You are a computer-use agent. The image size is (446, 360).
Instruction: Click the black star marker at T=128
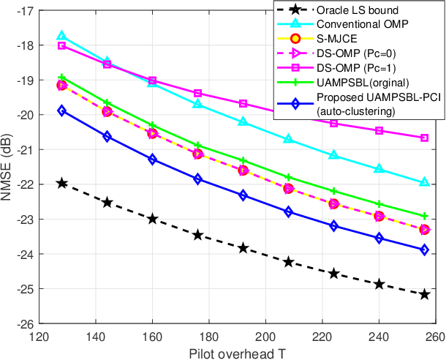pyautogui.click(x=61, y=183)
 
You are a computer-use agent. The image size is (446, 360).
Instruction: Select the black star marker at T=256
pyautogui.click(x=425, y=294)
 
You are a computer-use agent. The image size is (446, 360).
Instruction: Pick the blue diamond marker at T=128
pyautogui.click(x=61, y=110)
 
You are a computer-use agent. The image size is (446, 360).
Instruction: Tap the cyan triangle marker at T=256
pyautogui.click(x=425, y=182)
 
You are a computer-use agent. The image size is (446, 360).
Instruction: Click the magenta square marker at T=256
pyautogui.click(x=425, y=138)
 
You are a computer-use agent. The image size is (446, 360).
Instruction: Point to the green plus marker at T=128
pyautogui.click(x=61, y=78)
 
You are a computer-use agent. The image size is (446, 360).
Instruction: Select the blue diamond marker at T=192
pyautogui.click(x=243, y=195)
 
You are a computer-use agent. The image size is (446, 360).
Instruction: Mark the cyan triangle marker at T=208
pyautogui.click(x=289, y=138)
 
